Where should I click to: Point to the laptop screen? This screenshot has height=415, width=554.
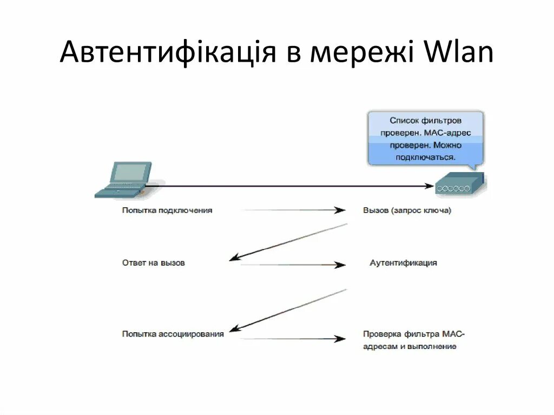pyautogui.click(x=130, y=172)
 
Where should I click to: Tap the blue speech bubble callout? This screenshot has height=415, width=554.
pyautogui.click(x=425, y=139)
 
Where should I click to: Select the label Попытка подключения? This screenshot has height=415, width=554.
pyautogui.click(x=167, y=210)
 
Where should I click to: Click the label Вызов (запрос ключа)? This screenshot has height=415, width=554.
pyautogui.click(x=407, y=210)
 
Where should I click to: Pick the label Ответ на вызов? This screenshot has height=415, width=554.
pyautogui.click(x=153, y=263)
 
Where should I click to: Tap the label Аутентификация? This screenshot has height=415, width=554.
pyautogui.click(x=403, y=263)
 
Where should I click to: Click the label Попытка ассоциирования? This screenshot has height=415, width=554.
pyautogui.click(x=173, y=334)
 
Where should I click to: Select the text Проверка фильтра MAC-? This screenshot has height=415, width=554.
pyautogui.click(x=414, y=334)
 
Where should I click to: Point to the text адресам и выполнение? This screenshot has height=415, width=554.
pyautogui.click(x=410, y=346)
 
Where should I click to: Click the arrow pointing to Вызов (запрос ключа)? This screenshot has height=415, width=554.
pyautogui.click(x=292, y=210)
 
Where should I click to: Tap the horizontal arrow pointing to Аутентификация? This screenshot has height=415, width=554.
pyautogui.click(x=292, y=265)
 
